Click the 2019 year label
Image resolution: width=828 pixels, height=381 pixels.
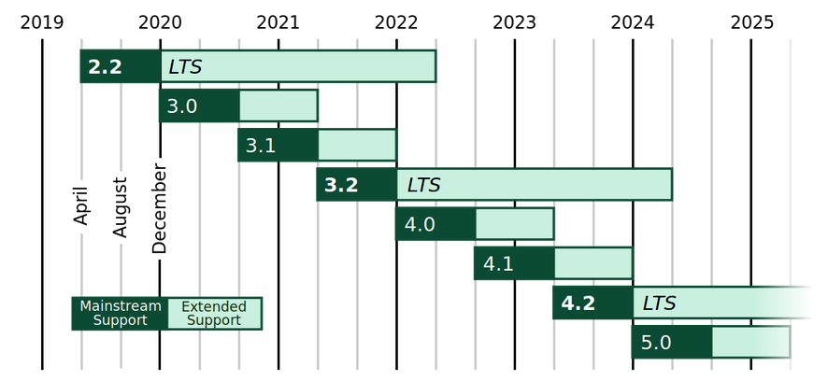coord(42,21)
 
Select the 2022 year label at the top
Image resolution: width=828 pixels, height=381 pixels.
coord(396,21)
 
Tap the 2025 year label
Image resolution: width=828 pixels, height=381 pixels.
coord(751,21)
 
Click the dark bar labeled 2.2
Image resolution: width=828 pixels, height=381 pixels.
coord(121,66)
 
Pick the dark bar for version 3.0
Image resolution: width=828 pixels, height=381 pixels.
coord(200,106)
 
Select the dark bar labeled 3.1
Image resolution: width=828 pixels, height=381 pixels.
coord(278,145)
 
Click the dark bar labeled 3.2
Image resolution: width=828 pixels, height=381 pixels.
coord(357,184)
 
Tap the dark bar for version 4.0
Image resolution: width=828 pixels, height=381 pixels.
coord(435,224)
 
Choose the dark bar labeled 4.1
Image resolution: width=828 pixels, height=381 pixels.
coord(514,263)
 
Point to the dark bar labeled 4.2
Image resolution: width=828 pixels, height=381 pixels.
coord(593,303)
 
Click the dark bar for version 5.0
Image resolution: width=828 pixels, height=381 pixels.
coord(672,342)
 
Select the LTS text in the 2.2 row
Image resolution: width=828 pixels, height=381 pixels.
coord(185,66)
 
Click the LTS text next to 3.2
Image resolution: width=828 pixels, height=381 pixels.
coord(422,185)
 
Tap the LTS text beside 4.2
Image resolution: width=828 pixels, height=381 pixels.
coord(659,303)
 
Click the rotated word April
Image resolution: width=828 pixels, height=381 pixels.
coord(81,203)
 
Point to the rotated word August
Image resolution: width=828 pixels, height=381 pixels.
coord(121,206)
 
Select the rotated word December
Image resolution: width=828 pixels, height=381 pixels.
coord(160,209)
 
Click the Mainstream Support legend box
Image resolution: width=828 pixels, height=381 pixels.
coord(121,313)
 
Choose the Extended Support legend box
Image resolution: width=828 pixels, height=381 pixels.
coord(214,313)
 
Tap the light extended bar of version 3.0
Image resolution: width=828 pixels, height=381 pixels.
coord(278,106)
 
